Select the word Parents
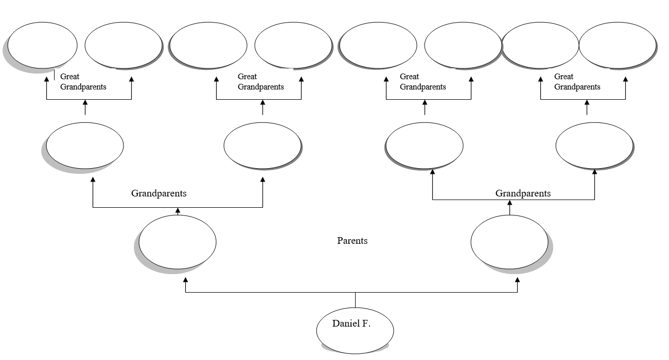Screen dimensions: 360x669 coord(352,241)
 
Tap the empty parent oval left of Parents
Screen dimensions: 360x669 coord(178,242)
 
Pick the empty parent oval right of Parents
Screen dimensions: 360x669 coord(509,242)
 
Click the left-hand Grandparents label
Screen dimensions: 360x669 coord(159,193)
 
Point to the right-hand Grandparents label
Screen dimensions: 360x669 coord(523,193)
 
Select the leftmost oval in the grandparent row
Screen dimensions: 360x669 coord(85,146)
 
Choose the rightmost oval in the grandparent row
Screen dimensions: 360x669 coord(594,146)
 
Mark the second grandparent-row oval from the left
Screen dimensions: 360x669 coord(262,146)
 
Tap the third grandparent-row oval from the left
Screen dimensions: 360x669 coord(425,146)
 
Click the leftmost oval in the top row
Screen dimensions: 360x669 coord(42,45)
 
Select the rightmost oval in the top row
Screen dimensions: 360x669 coord(618,45)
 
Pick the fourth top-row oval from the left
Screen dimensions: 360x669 coord(293,45)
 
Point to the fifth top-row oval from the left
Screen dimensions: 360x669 coord(378,45)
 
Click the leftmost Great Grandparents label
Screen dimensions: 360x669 coord(83,82)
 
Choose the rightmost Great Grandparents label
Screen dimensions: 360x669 coord(577,82)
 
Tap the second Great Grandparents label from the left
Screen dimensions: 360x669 coord(260,82)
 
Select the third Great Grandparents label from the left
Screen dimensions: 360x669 coord(422,82)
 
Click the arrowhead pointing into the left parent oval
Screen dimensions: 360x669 coord(185,280)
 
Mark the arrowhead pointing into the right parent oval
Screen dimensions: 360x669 coord(517,280)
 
